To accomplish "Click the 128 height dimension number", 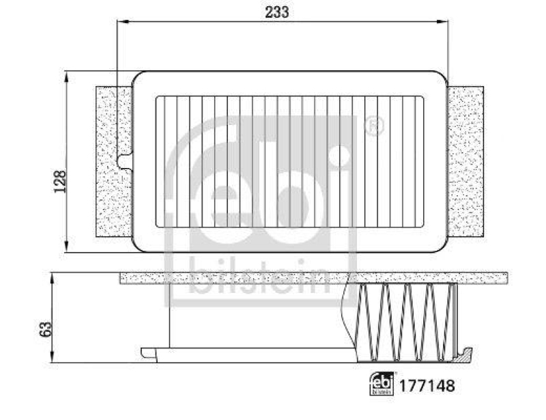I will pyautogui.click(x=60, y=182).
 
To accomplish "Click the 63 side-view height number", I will pyautogui.click(x=45, y=329).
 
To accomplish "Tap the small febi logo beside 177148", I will pyautogui.click(x=382, y=384).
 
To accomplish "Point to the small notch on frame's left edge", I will pyautogui.click(x=123, y=161).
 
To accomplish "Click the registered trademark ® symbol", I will pyautogui.click(x=375, y=126).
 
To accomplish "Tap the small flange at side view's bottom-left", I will pyautogui.click(x=148, y=352).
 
